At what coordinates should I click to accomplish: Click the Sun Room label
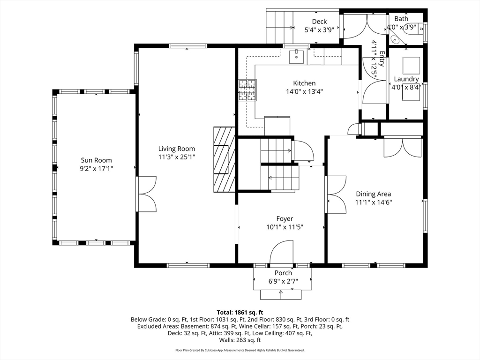tap(96, 160)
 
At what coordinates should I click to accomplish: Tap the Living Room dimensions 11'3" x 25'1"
tap(177, 157)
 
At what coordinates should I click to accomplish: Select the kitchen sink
tap(297, 56)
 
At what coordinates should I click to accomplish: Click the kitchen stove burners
tap(247, 90)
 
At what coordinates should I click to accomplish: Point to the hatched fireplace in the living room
tap(224, 159)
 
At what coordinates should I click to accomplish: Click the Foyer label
tap(285, 219)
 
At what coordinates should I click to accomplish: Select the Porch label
tap(283, 273)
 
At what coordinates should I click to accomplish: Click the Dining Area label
tap(374, 194)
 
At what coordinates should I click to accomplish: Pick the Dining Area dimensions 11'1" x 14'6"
tap(374, 202)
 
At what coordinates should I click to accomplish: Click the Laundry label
tap(406, 79)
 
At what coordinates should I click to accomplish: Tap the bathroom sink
tap(394, 39)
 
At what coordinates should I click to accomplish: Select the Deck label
tap(319, 22)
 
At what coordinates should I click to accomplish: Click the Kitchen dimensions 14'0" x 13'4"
tap(305, 91)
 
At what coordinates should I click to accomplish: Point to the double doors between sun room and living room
tap(146, 194)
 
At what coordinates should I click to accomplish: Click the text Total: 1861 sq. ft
tap(240, 313)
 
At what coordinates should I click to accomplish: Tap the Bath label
tap(401, 19)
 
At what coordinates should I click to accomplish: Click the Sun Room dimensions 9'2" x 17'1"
tap(97, 168)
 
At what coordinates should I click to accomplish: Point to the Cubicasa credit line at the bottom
tap(240, 350)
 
